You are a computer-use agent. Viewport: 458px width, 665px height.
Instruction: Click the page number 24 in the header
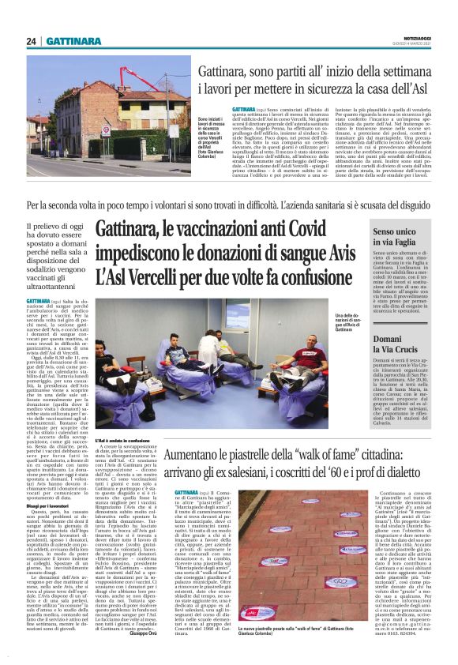point(32,41)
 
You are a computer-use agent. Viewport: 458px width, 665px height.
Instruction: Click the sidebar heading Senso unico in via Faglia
point(396,238)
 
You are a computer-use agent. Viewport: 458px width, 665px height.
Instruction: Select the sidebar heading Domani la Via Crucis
point(396,344)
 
